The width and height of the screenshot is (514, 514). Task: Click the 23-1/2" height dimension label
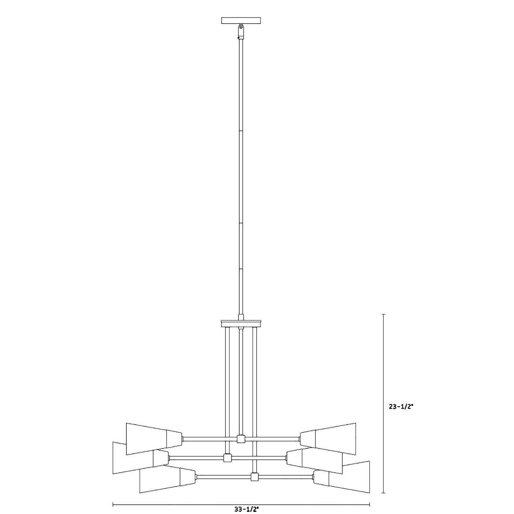point(401,407)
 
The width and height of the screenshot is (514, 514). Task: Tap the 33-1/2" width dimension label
point(246,509)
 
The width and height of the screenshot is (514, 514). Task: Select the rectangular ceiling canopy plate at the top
point(241,21)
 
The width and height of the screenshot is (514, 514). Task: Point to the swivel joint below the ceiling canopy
point(241,31)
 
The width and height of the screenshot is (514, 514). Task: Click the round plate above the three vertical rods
point(241,323)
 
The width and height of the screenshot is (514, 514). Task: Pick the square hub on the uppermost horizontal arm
point(241,439)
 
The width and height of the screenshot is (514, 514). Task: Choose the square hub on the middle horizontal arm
point(227,458)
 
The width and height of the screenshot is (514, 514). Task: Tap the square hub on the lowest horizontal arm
point(254,477)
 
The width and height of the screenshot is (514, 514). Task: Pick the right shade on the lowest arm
point(343,477)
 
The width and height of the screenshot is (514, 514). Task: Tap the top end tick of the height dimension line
point(383,314)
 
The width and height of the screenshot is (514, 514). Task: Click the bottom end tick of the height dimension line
point(383,493)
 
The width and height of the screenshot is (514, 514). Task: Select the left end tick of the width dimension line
point(113,504)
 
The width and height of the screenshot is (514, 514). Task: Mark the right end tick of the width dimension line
point(370,504)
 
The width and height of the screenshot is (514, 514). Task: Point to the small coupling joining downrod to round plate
point(241,317)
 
